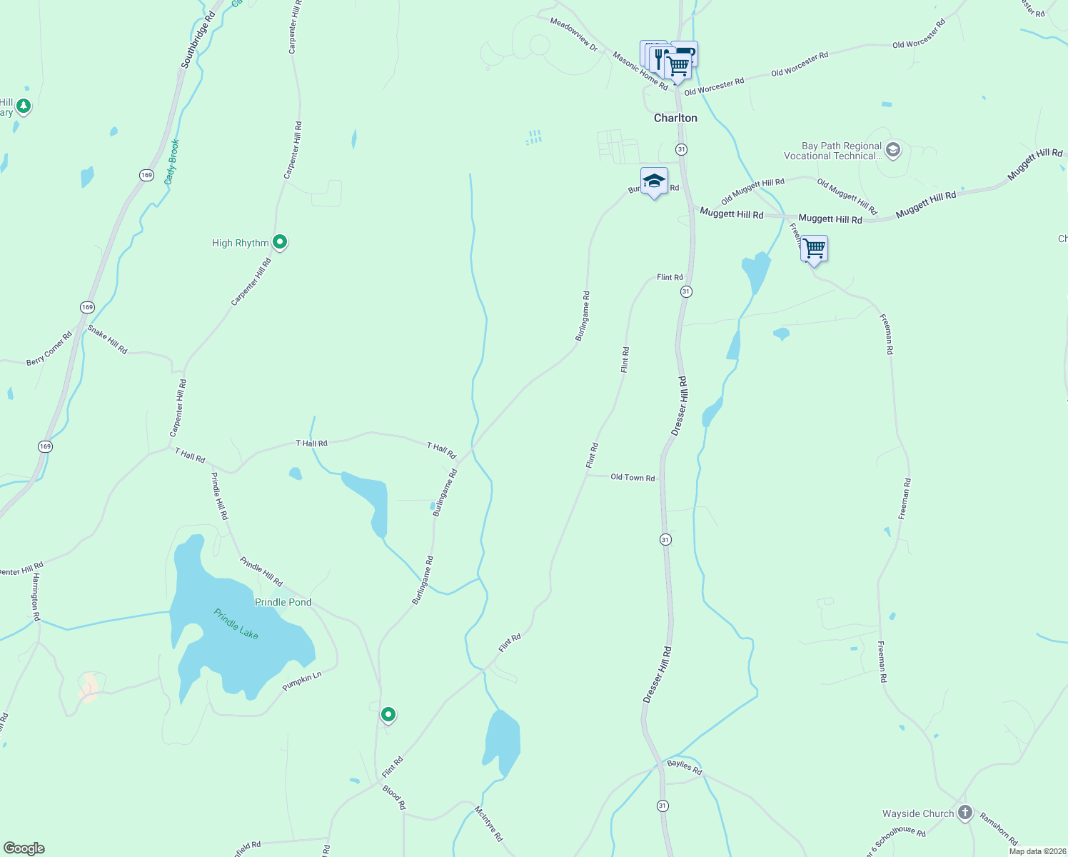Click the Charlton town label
pos(675,118)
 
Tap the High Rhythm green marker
pos(280,242)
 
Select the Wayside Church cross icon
pos(965,812)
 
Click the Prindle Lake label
pos(236,623)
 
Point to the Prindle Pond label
pos(283,602)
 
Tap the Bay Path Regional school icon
pos(892,150)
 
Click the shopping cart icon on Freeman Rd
pos(814,249)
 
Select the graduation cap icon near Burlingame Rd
pos(654,181)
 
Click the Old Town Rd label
pos(633,477)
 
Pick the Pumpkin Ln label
pos(302,681)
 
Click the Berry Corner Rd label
pos(49,349)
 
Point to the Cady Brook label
pos(171,162)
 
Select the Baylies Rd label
pos(685,767)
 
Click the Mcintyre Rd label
pos(489,823)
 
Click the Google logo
pos(24,848)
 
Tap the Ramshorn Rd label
pos(998,828)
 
